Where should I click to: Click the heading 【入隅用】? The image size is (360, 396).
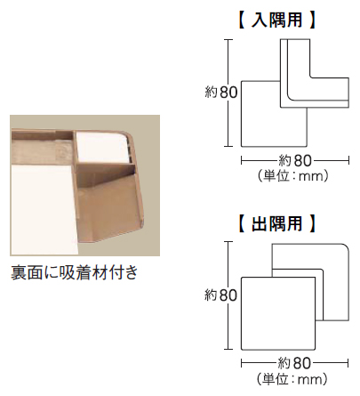(x=277, y=20)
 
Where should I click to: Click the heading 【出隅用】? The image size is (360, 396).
(x=277, y=223)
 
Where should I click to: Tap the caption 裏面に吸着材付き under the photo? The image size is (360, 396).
(x=75, y=272)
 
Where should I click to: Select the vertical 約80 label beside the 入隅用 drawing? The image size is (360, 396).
(x=221, y=93)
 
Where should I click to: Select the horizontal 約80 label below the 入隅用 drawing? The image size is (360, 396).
(x=295, y=161)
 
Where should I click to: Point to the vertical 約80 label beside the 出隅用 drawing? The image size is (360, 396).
(x=221, y=295)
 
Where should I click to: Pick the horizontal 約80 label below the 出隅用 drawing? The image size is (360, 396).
(x=294, y=363)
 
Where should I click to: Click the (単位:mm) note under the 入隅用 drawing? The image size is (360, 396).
(x=293, y=176)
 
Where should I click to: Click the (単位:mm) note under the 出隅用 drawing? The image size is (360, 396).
(x=292, y=379)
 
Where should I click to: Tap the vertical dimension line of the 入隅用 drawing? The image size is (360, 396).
(x=228, y=93)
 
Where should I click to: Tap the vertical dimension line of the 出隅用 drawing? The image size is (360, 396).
(x=228, y=295)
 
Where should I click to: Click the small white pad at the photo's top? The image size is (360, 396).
(x=101, y=147)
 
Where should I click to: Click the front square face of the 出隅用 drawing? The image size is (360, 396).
(x=278, y=313)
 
